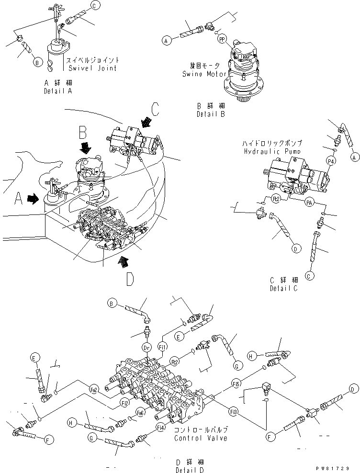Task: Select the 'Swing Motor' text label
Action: click(x=201, y=74)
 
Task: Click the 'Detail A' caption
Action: click(x=57, y=90)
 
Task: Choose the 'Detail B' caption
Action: click(x=210, y=114)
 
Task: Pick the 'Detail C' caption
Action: click(x=284, y=289)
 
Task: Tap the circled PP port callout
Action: click(x=222, y=41)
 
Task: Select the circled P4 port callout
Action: click(x=330, y=162)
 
